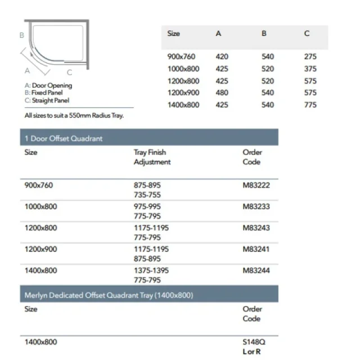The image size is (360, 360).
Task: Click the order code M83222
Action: [256, 184]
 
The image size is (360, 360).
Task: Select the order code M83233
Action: [256, 206]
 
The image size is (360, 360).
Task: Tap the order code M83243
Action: [256, 228]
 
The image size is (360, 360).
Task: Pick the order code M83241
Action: [256, 249]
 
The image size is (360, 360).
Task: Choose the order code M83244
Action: [256, 271]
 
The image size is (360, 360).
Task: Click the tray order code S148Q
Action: [253, 342]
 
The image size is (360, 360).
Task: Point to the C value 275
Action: [310, 57]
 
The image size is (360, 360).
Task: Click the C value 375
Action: [310, 69]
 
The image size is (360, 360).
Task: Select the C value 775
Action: [310, 105]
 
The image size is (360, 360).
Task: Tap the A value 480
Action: [222, 93]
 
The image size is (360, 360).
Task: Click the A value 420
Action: [222, 57]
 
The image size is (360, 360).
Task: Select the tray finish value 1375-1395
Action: [151, 271]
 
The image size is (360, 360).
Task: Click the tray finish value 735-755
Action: [147, 194]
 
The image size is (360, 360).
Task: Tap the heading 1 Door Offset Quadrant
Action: [64, 138]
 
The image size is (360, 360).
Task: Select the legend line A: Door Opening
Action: [48, 86]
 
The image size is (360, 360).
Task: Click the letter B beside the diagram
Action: [21, 35]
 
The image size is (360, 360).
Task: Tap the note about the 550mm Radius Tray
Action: [74, 115]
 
